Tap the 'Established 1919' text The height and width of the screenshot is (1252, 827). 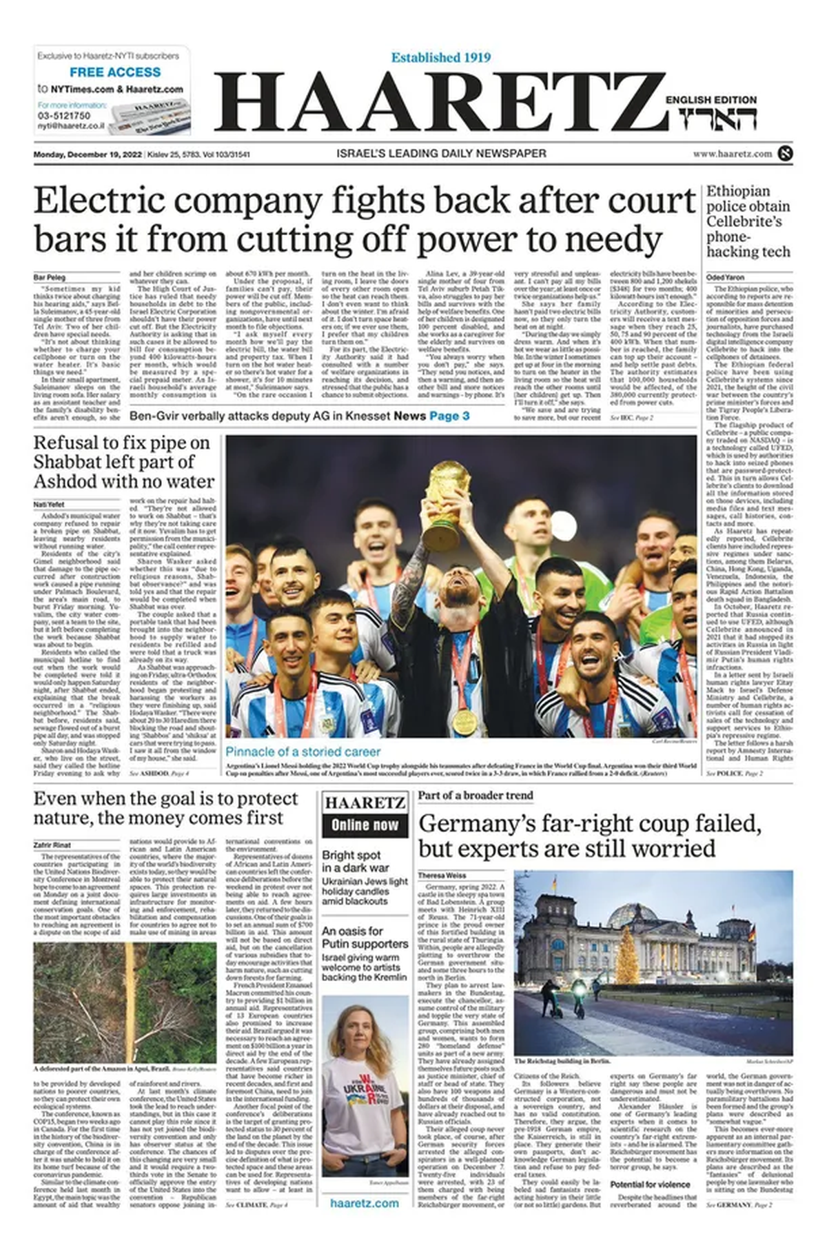pos(441,58)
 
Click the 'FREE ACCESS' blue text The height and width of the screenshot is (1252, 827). pos(115,72)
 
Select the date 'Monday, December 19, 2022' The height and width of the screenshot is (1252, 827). pos(88,154)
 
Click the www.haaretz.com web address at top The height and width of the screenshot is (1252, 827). pos(732,154)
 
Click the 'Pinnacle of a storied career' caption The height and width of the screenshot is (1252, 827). pos(303,751)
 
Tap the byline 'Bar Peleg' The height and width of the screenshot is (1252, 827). pos(46,278)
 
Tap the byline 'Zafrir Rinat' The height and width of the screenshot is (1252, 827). pos(52,845)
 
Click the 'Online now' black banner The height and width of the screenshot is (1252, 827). pos(365,825)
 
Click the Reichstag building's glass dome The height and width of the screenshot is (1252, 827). pos(631,914)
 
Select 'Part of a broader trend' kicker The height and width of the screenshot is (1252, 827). pos(476,796)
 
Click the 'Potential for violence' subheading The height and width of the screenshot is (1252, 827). pos(650,1184)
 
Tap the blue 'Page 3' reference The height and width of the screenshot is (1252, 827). pos(449,416)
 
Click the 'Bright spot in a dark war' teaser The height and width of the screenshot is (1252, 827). pos(356,861)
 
